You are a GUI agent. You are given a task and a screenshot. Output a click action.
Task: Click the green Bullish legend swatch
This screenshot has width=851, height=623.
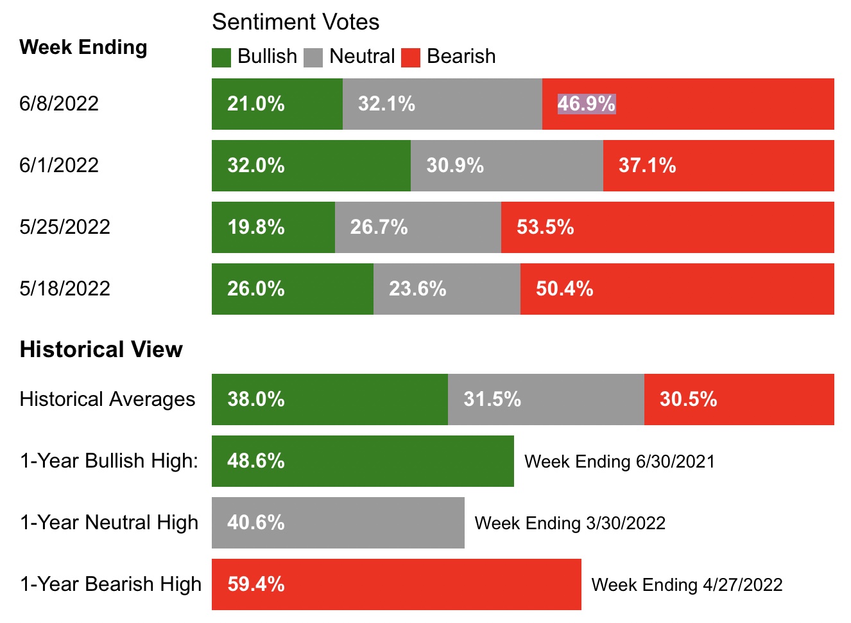coord(221,57)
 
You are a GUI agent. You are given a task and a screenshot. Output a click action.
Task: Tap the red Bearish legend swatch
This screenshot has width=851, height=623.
coord(410,57)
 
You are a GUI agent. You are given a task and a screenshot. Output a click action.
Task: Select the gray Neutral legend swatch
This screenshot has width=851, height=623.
coord(313,57)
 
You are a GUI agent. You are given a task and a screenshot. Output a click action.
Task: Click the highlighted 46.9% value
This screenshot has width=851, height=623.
coord(586,103)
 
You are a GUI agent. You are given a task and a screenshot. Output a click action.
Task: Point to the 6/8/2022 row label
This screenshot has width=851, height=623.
coord(59,103)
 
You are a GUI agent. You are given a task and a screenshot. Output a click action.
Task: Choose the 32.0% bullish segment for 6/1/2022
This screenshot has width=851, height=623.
coord(311,166)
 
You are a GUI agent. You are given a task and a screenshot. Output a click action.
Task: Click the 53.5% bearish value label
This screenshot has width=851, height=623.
coord(545,227)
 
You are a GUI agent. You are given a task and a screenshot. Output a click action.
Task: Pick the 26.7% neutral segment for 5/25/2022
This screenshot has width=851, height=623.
coord(418,227)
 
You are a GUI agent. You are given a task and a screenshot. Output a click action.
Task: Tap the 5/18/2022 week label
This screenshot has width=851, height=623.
coord(65,288)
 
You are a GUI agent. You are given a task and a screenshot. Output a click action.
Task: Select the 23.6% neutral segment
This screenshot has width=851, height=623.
coord(447,289)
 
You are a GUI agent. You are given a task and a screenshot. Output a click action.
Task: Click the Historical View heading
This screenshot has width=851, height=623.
coord(101,349)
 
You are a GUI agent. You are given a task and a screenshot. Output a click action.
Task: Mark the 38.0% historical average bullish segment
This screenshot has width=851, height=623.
coord(329,399)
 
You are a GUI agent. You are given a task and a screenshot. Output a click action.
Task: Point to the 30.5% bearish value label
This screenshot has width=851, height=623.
coord(688,399)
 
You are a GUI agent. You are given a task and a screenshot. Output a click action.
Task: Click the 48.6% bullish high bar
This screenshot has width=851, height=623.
coord(363,461)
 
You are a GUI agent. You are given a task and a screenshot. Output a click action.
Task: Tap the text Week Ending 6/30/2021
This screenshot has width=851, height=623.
coord(619,462)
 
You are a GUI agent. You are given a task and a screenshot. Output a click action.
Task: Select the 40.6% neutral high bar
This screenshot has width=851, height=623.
coord(338,523)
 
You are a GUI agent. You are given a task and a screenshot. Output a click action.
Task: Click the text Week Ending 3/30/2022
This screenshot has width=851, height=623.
coord(570,523)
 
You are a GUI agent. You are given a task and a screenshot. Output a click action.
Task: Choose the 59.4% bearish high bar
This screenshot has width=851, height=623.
coord(396,584)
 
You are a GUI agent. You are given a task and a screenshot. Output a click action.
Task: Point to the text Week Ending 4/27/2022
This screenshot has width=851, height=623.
coord(687,585)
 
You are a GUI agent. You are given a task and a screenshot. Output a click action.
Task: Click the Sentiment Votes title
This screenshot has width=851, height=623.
coord(295,22)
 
